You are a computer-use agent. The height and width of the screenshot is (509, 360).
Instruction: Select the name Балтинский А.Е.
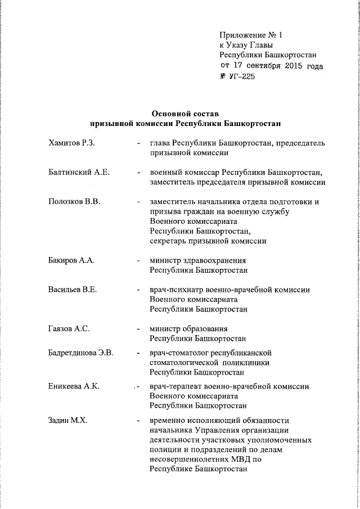[x=79, y=172]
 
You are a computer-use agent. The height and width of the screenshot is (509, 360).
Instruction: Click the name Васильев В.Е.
[x=73, y=290]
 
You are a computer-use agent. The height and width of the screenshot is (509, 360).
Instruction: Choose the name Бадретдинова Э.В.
[x=81, y=353]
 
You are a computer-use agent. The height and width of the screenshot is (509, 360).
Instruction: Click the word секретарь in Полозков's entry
[x=169, y=241]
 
